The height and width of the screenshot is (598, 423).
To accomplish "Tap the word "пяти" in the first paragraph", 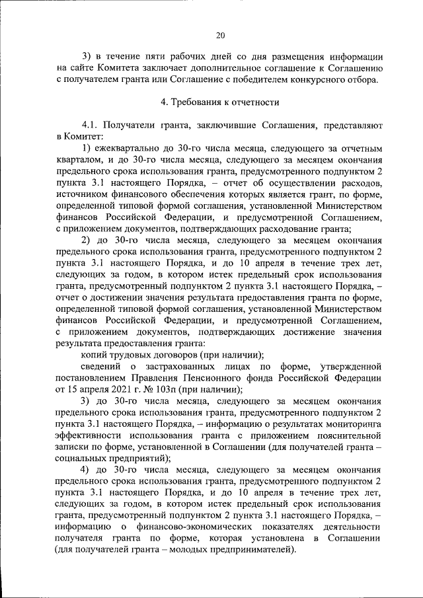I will pyautogui.click(x=145, y=56).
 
